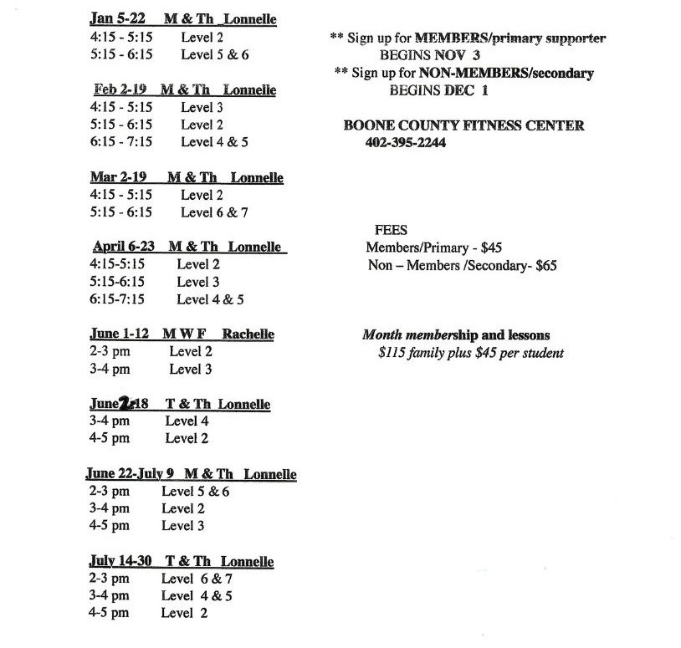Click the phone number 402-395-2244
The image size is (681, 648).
pyautogui.click(x=405, y=143)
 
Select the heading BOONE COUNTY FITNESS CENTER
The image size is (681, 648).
pyautogui.click(x=463, y=125)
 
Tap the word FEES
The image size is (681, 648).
pyautogui.click(x=392, y=230)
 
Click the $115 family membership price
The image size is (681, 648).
pyautogui.click(x=393, y=353)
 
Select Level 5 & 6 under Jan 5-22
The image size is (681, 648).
pyautogui.click(x=214, y=55)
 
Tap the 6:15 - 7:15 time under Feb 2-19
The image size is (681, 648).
pyautogui.click(x=121, y=142)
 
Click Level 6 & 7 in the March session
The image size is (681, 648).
pyautogui.click(x=214, y=212)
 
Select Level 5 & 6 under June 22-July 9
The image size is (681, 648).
pyautogui.click(x=195, y=492)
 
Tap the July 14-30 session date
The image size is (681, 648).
pyautogui.click(x=120, y=561)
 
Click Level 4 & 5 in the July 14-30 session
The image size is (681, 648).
pyautogui.click(x=197, y=596)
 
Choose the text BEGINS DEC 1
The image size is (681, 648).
pyautogui.click(x=438, y=90)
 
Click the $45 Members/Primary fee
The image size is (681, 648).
pyautogui.click(x=491, y=248)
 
